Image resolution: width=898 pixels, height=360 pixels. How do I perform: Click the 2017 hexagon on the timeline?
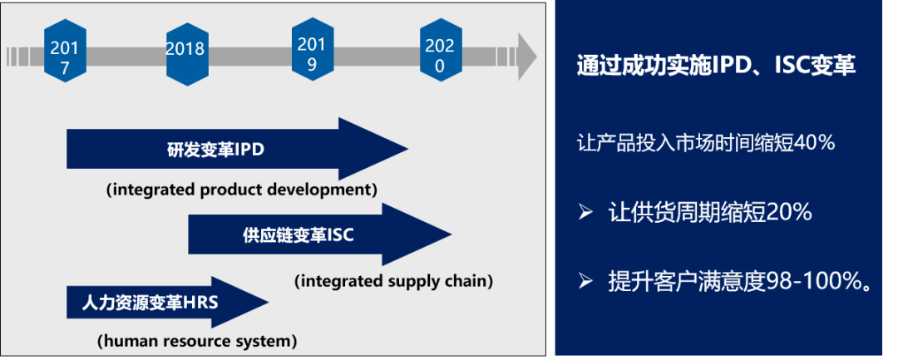tap(65, 51)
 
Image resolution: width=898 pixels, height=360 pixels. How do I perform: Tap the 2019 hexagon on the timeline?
tap(312, 47)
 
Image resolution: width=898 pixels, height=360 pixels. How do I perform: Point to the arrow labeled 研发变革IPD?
tap(237, 149)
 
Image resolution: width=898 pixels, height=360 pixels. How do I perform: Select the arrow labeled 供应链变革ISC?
tap(319, 234)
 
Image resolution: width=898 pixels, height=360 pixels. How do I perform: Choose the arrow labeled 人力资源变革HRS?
tap(167, 303)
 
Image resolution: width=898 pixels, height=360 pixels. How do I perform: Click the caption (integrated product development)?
tap(242, 190)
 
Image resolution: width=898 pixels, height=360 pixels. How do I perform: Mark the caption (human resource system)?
tap(197, 342)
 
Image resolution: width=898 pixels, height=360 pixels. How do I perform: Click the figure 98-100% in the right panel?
tap(812, 282)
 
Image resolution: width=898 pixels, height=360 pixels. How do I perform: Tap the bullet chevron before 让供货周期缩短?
tap(585, 213)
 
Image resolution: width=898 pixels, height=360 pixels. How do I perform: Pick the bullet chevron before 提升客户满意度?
tap(585, 280)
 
